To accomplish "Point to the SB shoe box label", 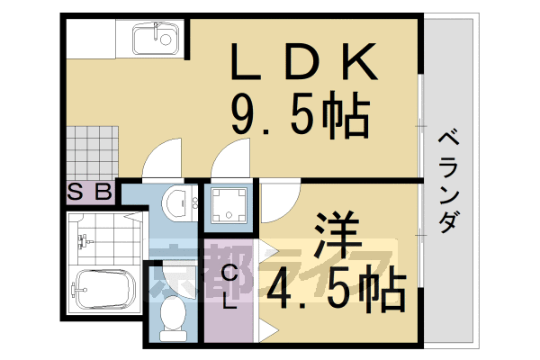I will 90,191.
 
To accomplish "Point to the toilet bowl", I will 173,317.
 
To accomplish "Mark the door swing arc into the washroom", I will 162,159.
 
